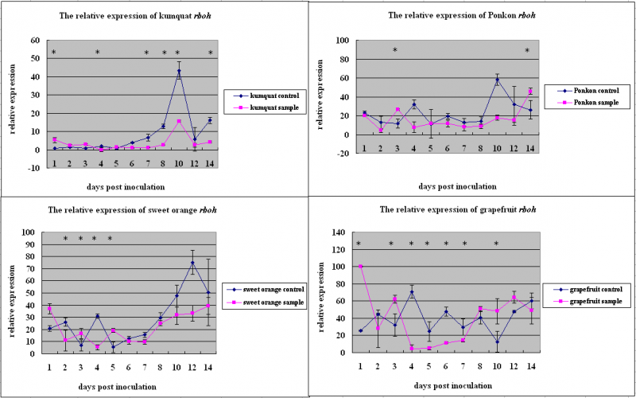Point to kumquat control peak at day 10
180,72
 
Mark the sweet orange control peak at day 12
192,263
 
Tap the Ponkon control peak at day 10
497,80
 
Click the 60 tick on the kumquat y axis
36,41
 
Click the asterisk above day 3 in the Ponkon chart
395,51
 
